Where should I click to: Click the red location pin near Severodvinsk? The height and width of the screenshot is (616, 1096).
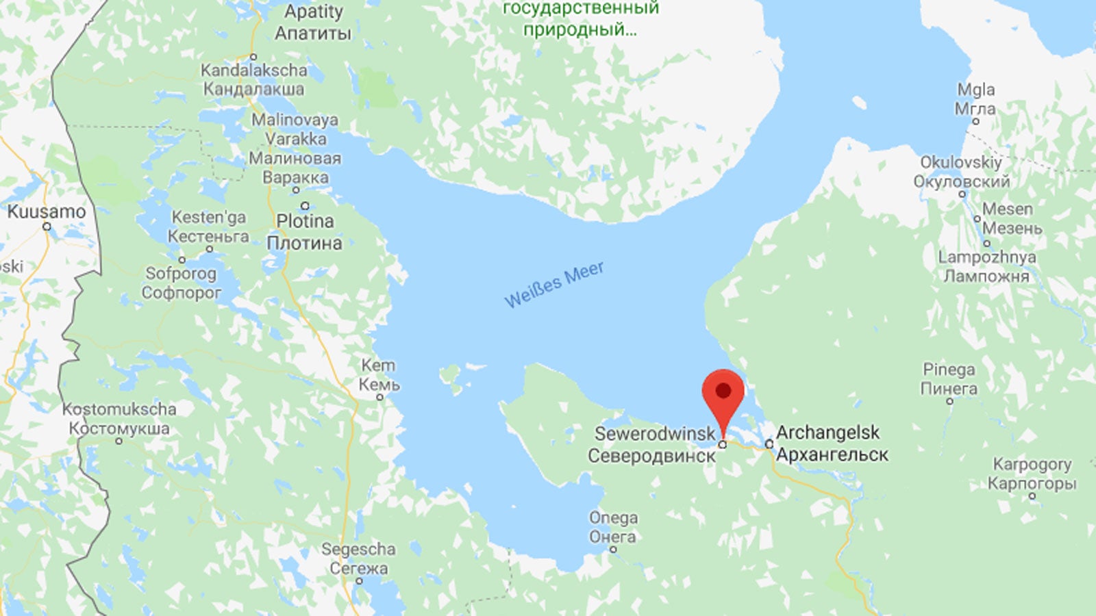(x=723, y=393)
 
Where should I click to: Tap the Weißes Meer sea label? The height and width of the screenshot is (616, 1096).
(x=554, y=284)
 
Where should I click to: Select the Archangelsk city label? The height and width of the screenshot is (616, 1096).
(x=827, y=433)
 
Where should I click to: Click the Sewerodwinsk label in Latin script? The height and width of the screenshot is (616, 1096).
(x=655, y=433)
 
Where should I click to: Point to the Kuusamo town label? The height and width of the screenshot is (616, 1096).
(x=47, y=211)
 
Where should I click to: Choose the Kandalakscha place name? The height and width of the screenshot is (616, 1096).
(x=253, y=70)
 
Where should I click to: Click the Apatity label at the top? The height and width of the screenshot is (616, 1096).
(x=314, y=12)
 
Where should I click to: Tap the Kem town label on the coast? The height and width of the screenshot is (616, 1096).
(x=378, y=365)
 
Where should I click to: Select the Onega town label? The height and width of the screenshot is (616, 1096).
(x=613, y=517)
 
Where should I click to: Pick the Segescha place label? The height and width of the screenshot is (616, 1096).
(x=358, y=549)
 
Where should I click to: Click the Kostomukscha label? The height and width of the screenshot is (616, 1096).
(x=119, y=409)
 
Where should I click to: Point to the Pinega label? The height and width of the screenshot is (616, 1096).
(x=949, y=370)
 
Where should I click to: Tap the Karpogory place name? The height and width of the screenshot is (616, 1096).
(x=1032, y=464)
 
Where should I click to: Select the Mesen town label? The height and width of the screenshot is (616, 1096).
(x=1007, y=209)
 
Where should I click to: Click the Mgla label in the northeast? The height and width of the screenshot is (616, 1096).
(x=975, y=90)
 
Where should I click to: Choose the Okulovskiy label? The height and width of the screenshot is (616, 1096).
(x=960, y=162)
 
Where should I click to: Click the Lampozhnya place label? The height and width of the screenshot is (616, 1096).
(x=986, y=257)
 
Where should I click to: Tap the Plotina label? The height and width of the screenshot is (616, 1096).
(x=305, y=221)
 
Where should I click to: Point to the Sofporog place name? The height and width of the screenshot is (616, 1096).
(x=181, y=274)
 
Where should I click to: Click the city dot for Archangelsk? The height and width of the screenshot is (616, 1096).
(x=769, y=444)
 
